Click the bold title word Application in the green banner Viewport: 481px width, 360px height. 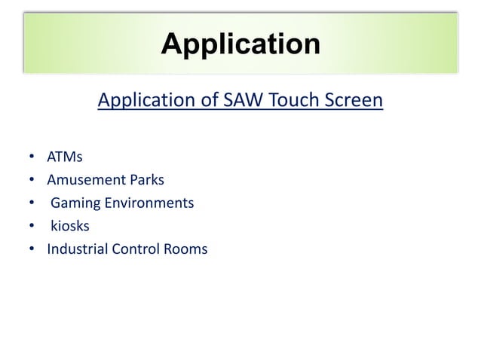240,44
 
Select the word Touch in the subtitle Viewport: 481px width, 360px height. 286,100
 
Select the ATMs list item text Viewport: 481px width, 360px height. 65,158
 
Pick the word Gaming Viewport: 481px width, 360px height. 74,204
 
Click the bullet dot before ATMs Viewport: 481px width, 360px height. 31,158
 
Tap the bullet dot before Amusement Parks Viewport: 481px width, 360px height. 31,181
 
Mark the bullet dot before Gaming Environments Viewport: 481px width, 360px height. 31,204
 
